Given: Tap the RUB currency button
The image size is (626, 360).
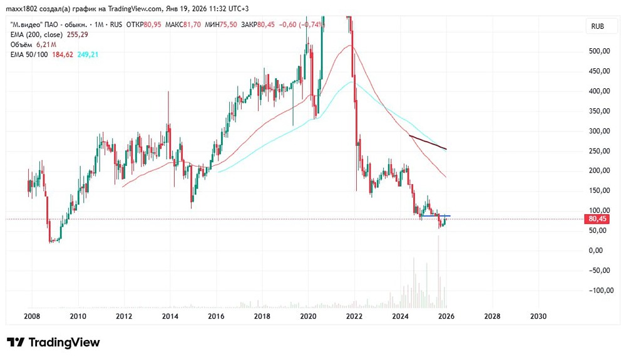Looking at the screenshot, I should coord(598,26).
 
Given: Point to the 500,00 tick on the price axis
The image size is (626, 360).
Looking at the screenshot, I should coord(600,51).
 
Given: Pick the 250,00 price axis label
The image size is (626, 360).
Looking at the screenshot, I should coord(600,151).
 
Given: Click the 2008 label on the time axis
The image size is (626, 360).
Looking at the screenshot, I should coord(32,317).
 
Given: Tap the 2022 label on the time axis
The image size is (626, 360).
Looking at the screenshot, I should coord(354,317).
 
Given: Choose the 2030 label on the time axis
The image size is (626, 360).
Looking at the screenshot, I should coord(538,317).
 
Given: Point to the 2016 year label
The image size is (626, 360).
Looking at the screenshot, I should coord(216,317).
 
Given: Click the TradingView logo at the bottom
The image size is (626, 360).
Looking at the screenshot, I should coord(53,342).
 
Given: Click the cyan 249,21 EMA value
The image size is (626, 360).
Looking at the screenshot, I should coord(88,55).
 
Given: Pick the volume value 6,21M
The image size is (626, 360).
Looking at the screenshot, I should coord(47,45).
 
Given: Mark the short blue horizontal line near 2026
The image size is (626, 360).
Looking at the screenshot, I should coord(436,216).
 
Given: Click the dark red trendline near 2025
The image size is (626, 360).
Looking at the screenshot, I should coord(428,142).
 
